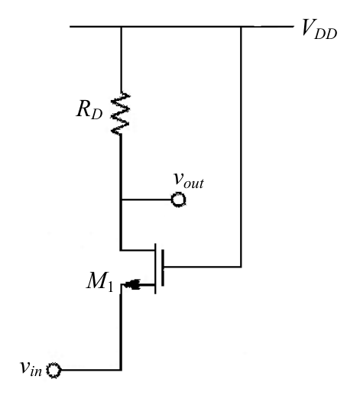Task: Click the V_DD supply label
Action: (319, 29)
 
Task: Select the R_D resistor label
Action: (89, 110)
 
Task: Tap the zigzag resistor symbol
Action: (120, 113)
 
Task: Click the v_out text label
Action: (189, 180)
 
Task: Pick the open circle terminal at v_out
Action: (178, 199)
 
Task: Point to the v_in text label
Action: (31, 368)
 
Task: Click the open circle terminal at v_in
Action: (54, 370)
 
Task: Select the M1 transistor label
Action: (99, 282)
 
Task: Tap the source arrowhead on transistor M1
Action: (132, 284)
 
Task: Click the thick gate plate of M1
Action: (163, 267)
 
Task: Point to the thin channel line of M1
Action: (155, 268)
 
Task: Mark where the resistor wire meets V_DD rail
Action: (122, 27)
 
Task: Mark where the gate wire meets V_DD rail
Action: (241, 27)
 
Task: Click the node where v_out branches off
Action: (121, 199)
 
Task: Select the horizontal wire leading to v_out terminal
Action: (147, 199)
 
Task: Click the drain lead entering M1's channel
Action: (138, 250)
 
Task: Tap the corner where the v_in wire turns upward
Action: (121, 370)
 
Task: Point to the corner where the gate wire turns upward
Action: (241, 267)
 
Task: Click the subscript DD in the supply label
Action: (326, 34)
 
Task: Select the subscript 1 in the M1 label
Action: (110, 287)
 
